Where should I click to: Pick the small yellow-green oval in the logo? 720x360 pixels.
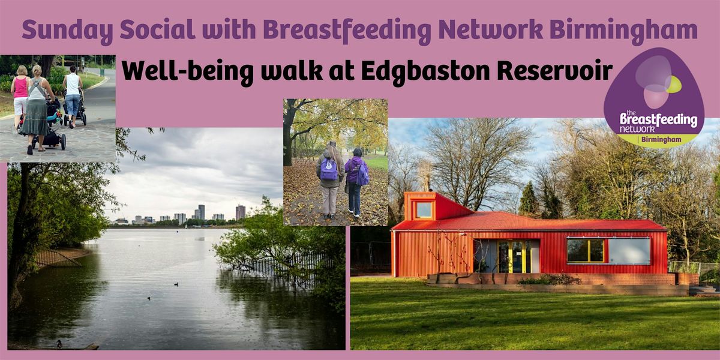point(673,85)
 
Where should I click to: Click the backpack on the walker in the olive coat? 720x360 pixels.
point(329,169)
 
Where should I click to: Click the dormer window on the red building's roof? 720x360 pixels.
point(424,209)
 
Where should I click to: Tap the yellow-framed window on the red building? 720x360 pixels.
point(586,250)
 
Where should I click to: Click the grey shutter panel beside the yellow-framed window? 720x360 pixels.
point(629,251)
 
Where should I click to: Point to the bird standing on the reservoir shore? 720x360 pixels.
point(59,344)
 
